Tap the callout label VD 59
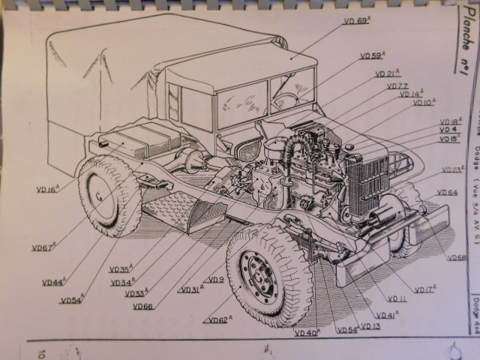point(371,55)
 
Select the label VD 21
point(387,73)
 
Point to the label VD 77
point(397,86)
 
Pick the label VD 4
point(449,130)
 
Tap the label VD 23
point(451,170)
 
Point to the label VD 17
point(424,289)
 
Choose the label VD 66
point(142,306)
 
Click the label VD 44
point(53,283)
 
